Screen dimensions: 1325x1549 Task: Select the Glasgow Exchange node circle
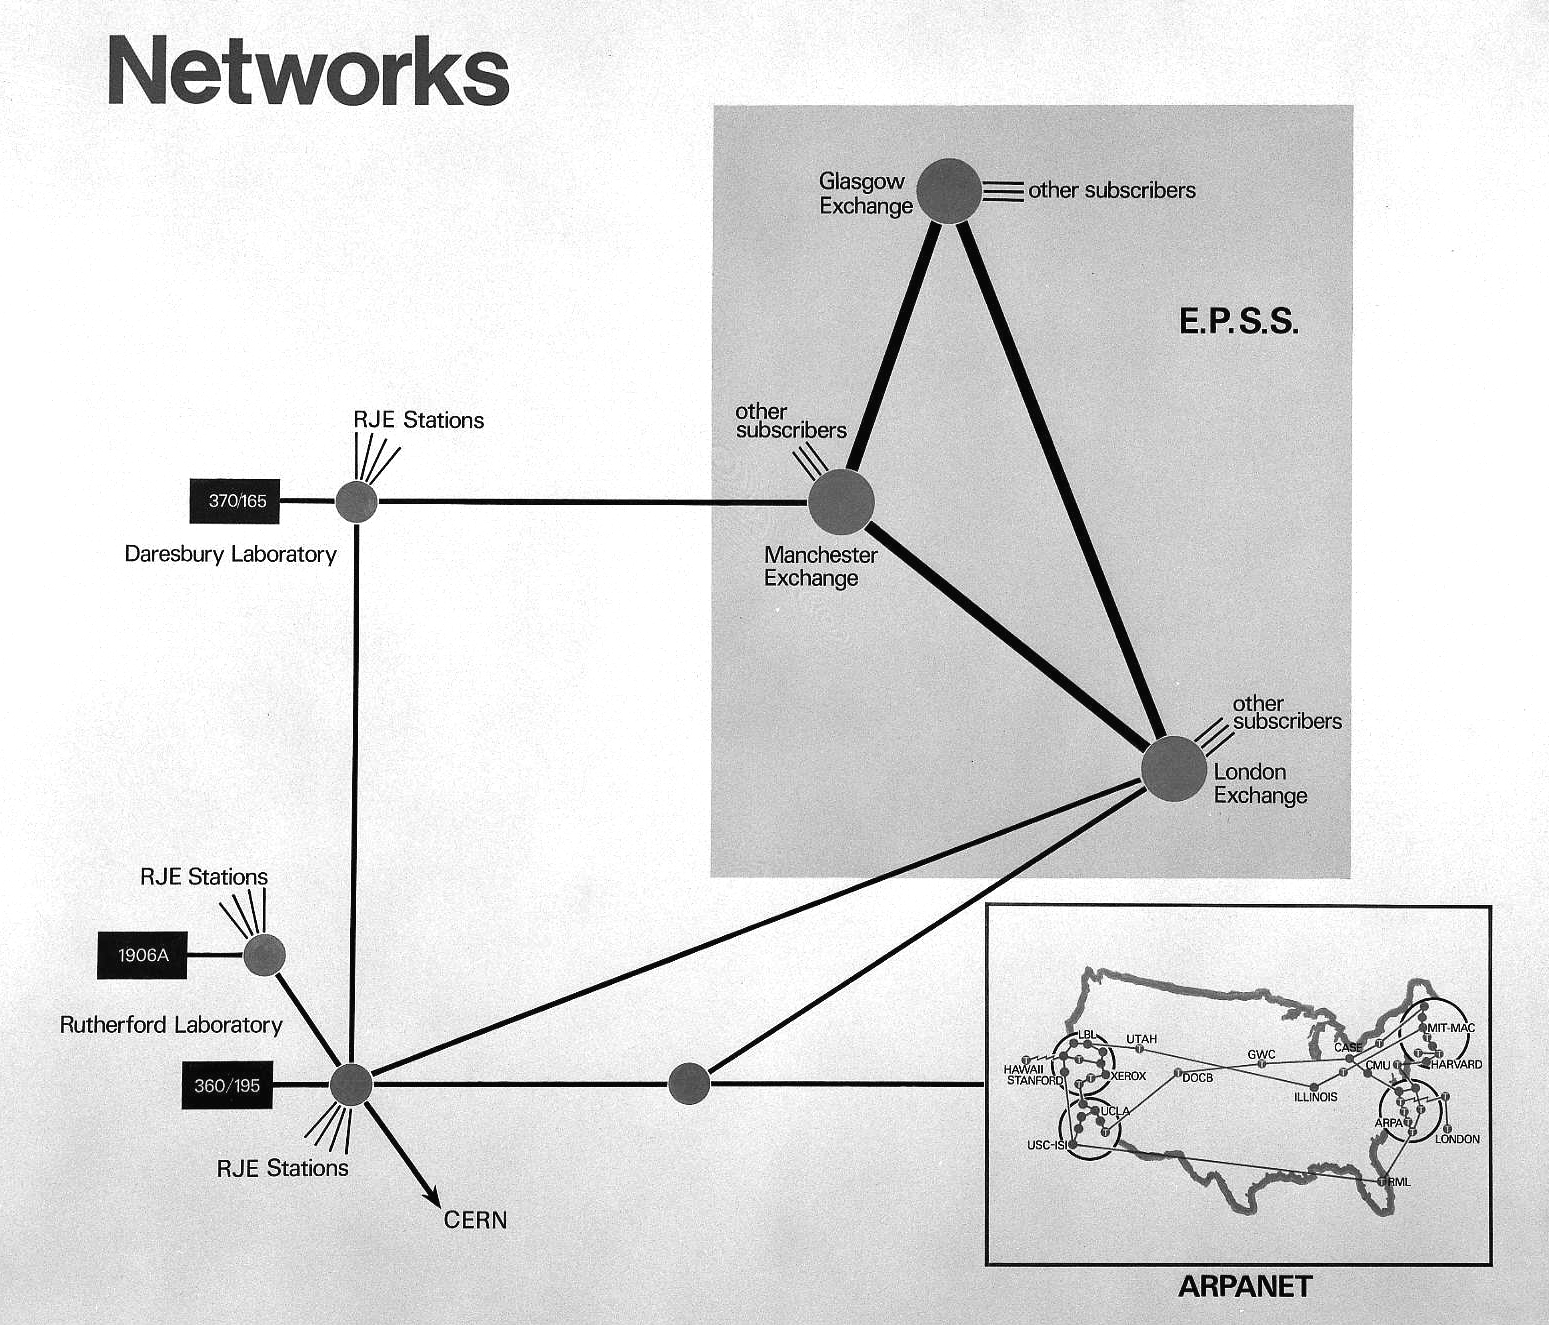(x=949, y=191)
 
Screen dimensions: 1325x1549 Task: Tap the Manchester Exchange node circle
(x=841, y=502)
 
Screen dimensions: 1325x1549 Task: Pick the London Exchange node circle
(x=1174, y=769)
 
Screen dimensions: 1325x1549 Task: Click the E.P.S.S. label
(x=1238, y=322)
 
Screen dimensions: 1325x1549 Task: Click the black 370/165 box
(x=235, y=501)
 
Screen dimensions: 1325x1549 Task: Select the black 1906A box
(x=142, y=955)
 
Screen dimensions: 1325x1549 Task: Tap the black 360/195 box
(x=226, y=1085)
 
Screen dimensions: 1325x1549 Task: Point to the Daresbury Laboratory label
(x=230, y=554)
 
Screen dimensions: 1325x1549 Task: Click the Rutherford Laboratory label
(x=171, y=1025)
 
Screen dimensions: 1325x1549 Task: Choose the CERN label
(x=475, y=1220)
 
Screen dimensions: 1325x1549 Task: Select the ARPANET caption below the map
(x=1244, y=1286)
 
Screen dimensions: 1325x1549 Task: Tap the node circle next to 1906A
(x=264, y=956)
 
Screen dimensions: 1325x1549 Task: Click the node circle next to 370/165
(x=356, y=501)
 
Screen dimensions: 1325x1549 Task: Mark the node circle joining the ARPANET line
(x=688, y=1084)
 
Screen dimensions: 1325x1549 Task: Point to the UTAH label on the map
(x=1141, y=1039)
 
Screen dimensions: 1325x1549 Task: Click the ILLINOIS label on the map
(x=1315, y=1097)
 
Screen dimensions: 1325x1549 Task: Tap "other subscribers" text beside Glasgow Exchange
(x=1111, y=190)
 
